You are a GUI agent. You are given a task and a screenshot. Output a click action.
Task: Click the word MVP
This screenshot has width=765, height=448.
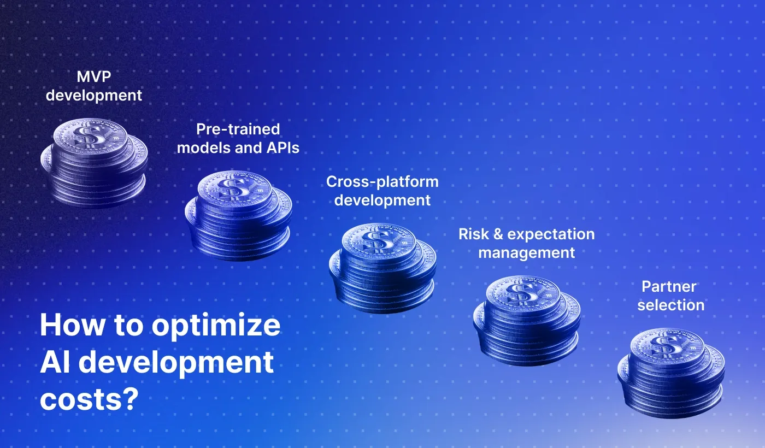(93, 76)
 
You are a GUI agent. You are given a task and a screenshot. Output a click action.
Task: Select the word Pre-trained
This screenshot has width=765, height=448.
(238, 129)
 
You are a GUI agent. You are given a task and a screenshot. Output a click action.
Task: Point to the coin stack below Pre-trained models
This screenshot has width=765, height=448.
(238, 215)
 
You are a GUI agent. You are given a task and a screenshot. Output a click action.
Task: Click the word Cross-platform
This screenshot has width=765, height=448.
(382, 181)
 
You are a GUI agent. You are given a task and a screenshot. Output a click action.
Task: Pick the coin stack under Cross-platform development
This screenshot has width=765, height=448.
(382, 268)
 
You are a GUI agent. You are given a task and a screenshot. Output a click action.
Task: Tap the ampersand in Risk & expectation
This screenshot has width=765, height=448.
(497, 234)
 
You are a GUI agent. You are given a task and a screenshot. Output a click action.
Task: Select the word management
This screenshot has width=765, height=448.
(526, 253)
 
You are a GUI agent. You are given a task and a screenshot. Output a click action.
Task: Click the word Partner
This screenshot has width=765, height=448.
(669, 286)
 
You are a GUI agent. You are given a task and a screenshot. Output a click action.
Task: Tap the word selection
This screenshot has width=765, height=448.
(670, 305)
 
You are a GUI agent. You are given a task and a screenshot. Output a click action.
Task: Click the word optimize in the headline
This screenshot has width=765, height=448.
(216, 326)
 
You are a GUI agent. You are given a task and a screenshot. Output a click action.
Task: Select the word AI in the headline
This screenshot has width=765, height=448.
(54, 362)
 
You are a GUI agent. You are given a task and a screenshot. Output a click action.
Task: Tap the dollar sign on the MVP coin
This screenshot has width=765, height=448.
(86, 135)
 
